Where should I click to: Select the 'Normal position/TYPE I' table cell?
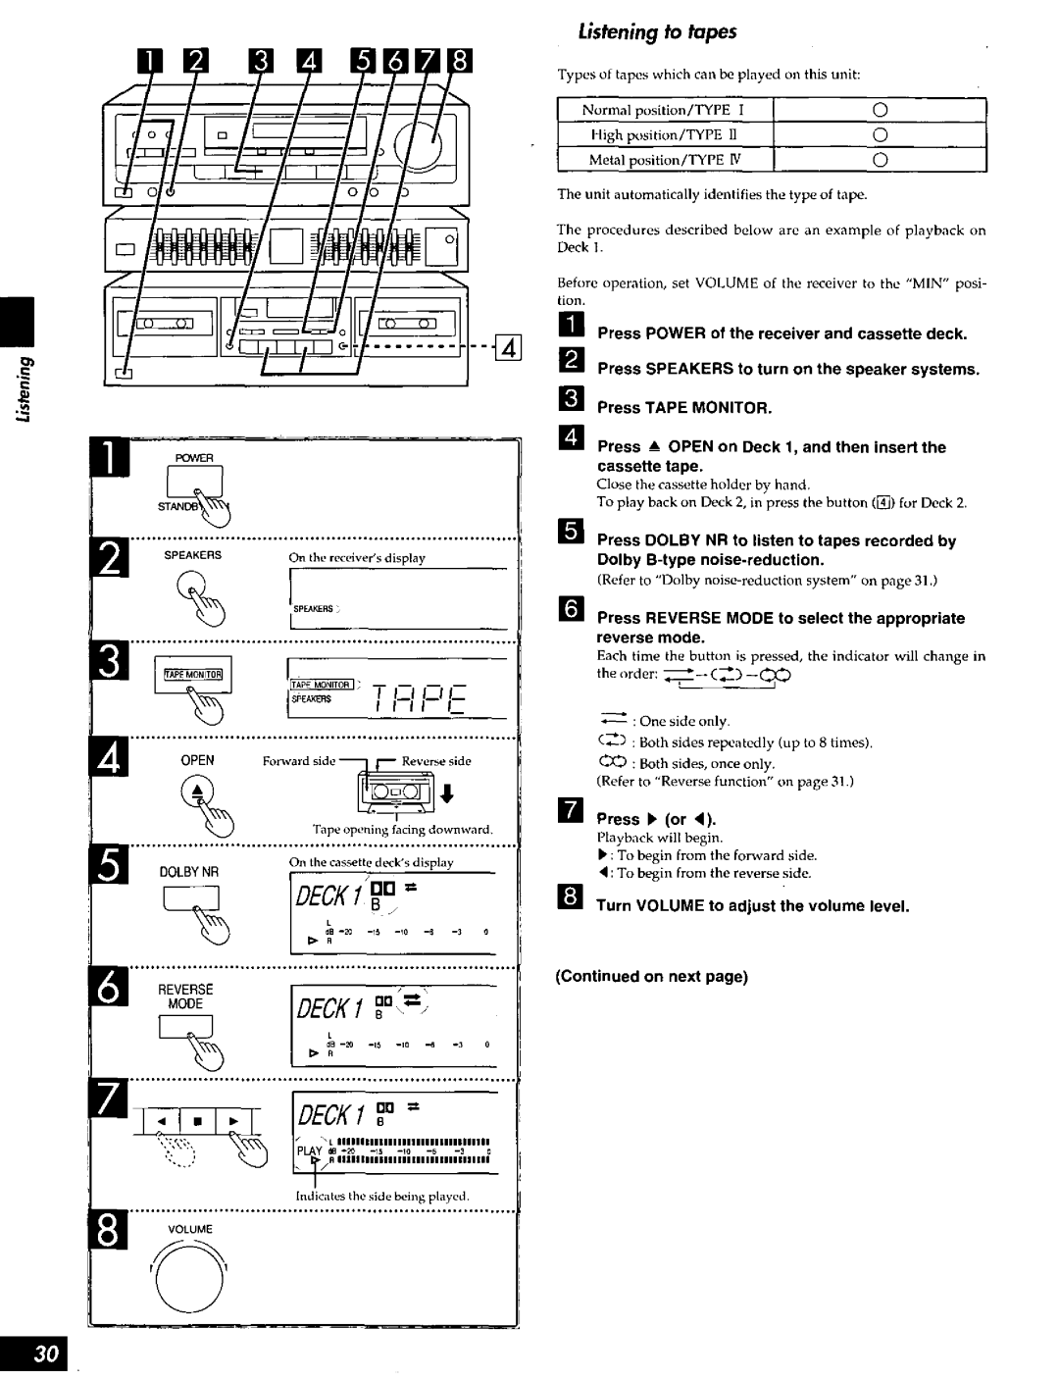pyautogui.click(x=664, y=110)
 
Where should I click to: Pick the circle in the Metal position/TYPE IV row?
pyautogui.click(x=880, y=160)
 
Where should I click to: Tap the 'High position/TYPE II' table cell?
pyautogui.click(x=664, y=134)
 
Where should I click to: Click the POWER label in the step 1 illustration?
pyautogui.click(x=195, y=458)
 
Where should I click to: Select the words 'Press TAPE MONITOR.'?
pyautogui.click(x=684, y=408)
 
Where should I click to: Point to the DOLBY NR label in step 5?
pyautogui.click(x=197, y=871)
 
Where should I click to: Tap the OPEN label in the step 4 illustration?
pyautogui.click(x=196, y=760)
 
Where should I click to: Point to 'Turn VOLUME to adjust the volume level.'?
pyautogui.click(x=753, y=906)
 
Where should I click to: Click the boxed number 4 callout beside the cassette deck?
pyautogui.click(x=507, y=346)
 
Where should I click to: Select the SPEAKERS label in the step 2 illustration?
pyautogui.click(x=192, y=555)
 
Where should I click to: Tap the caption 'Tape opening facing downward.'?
pyautogui.click(x=402, y=830)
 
